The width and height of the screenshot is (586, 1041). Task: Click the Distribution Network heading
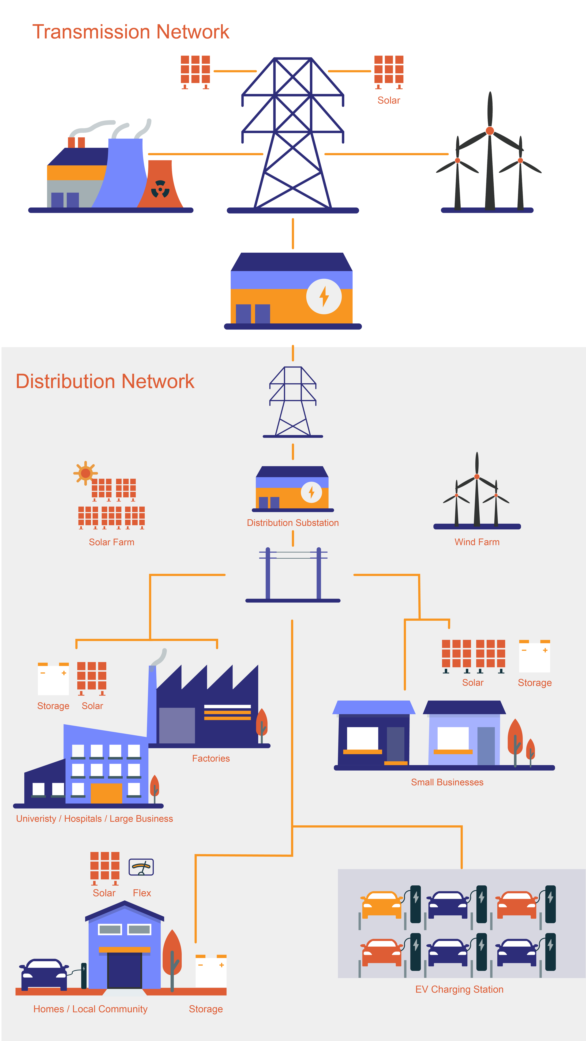[105, 381]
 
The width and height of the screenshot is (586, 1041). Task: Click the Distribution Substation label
[293, 523]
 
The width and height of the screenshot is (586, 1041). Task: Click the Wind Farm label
[477, 542]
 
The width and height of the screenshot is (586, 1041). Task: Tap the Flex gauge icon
[141, 867]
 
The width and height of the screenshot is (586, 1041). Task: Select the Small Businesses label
[447, 782]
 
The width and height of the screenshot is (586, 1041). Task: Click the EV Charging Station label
[459, 989]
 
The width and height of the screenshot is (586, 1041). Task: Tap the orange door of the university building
[106, 793]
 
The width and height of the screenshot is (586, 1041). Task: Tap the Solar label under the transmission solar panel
[388, 100]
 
